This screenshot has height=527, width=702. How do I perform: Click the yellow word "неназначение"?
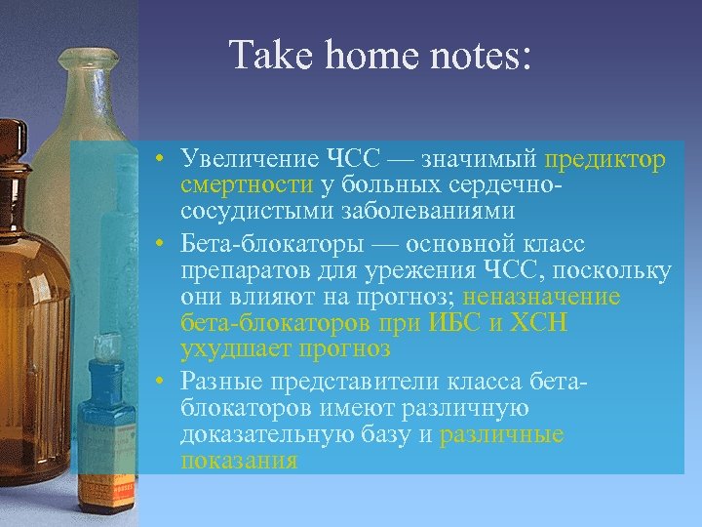pos(541,296)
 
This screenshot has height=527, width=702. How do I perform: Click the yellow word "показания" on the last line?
pos(239,461)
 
